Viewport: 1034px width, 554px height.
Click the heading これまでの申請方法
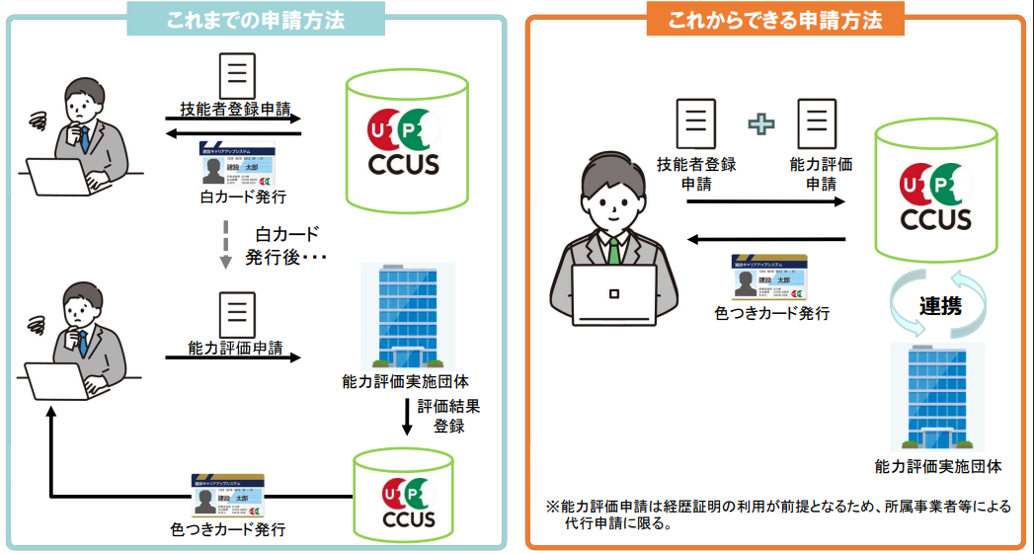[x=256, y=20]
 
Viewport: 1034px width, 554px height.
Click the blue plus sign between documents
[x=761, y=123]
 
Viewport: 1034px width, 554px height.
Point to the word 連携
[x=940, y=306]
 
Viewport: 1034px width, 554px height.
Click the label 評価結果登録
[x=450, y=416]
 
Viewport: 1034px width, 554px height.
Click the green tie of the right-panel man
[x=614, y=249]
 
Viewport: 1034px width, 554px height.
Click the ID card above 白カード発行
[x=237, y=166]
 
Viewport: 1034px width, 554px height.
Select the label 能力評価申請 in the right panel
[x=821, y=174]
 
